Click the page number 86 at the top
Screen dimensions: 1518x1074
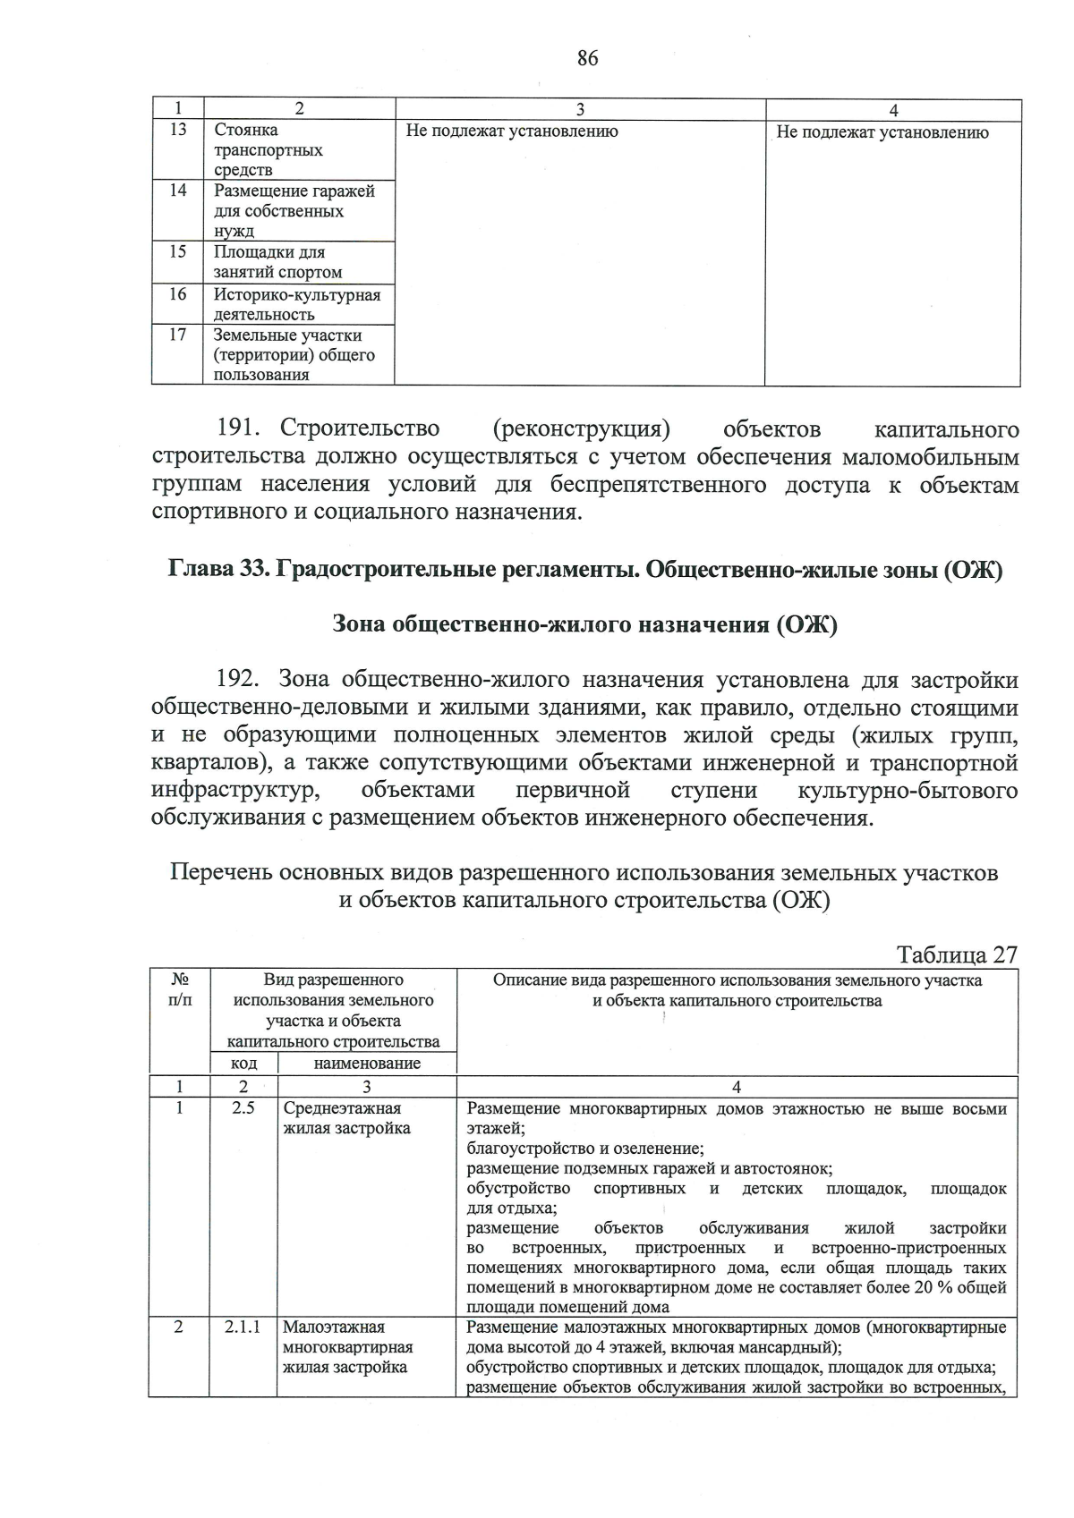587,59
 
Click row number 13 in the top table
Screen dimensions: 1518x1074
178,130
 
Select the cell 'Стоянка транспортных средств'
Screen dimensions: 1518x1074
268,149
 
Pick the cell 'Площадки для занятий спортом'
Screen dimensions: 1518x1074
277,262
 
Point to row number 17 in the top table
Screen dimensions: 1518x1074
178,335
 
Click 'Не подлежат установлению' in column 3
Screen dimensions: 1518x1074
512,131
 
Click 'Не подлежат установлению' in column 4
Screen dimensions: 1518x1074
882,132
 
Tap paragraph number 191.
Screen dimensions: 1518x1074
242,430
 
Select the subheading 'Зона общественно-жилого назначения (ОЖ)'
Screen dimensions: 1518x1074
584,623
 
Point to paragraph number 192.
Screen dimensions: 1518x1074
241,680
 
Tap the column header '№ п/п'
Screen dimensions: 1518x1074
180,989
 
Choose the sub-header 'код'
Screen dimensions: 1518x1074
243,1064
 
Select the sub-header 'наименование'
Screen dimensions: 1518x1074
367,1064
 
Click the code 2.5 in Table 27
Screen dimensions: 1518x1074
243,1108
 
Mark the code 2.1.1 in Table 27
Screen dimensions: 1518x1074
243,1327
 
